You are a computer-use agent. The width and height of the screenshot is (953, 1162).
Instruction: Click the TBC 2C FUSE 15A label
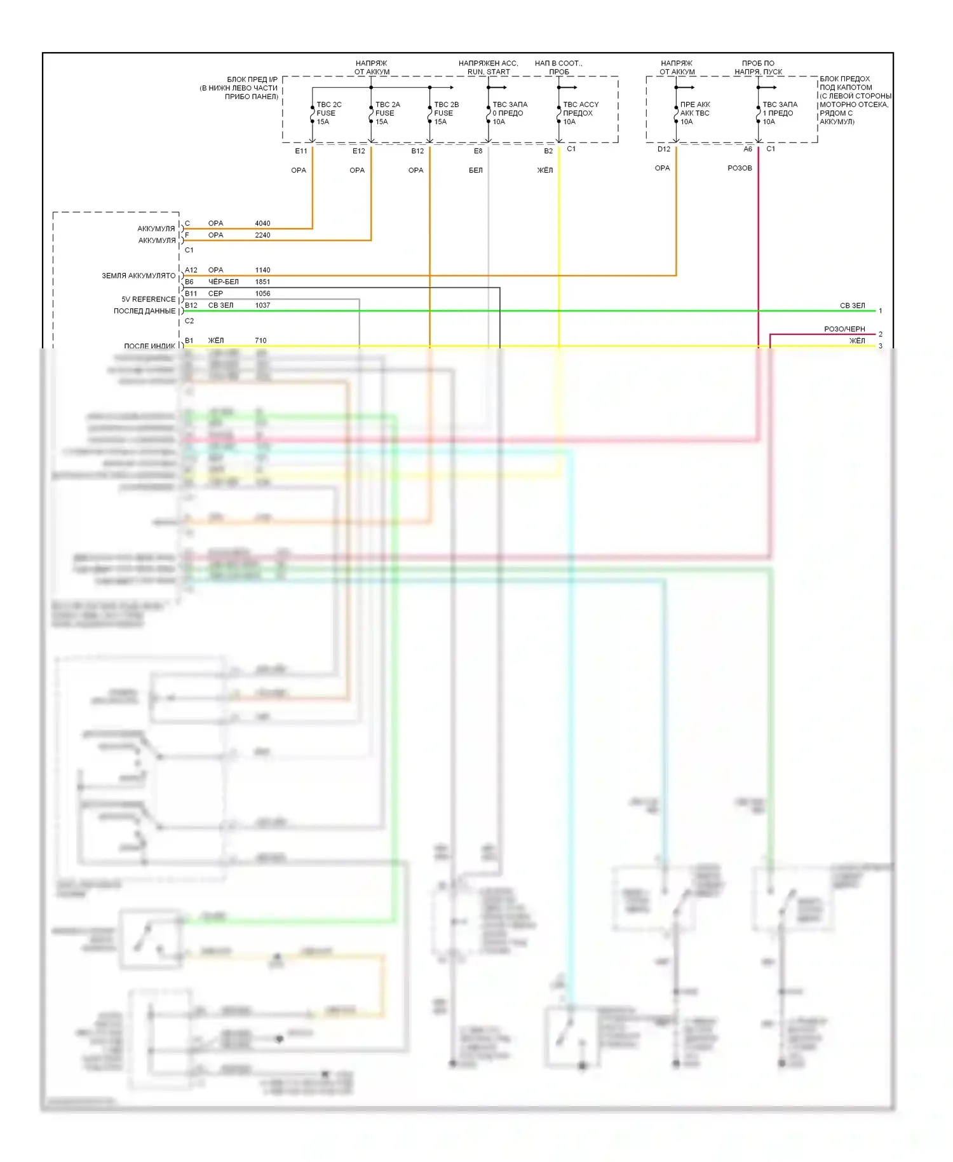click(328, 113)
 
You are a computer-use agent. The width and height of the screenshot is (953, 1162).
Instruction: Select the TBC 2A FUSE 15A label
click(387, 113)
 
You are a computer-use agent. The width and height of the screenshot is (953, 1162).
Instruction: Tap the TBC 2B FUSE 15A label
click(446, 113)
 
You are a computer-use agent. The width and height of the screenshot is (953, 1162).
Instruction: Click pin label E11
click(301, 151)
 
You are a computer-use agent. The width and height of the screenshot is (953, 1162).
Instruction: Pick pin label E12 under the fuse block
click(359, 151)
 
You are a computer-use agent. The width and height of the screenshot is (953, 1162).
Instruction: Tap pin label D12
click(664, 149)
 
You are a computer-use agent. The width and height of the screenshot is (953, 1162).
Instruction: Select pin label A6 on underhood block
click(748, 149)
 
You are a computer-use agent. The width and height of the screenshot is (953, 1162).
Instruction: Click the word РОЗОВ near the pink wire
click(740, 168)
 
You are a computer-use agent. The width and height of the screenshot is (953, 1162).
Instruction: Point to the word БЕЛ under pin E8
click(476, 170)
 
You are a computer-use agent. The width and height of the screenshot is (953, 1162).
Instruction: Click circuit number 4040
click(262, 224)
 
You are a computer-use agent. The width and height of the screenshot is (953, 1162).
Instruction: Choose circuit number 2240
click(262, 235)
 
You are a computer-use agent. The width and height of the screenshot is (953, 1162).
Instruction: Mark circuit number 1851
click(262, 282)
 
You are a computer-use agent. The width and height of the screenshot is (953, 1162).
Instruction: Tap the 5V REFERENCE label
click(149, 299)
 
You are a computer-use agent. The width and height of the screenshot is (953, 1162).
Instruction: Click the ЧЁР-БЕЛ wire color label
click(224, 282)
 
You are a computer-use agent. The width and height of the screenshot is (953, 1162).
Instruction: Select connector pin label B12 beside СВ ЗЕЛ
click(191, 306)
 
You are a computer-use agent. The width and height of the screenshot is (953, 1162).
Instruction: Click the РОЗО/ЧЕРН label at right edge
click(844, 329)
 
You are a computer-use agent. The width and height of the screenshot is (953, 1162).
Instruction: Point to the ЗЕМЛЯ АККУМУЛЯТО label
click(139, 276)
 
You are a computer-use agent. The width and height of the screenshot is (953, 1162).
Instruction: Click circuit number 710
click(260, 341)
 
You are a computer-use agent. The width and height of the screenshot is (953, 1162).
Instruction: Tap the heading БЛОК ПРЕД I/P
click(252, 79)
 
